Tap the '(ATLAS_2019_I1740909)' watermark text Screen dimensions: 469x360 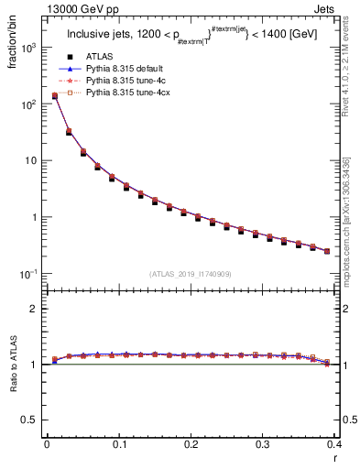coord(191,274)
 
